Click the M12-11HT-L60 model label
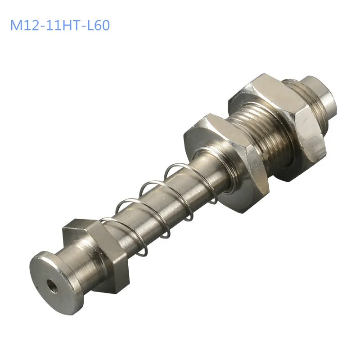(60, 25)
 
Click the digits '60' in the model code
(101, 25)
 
